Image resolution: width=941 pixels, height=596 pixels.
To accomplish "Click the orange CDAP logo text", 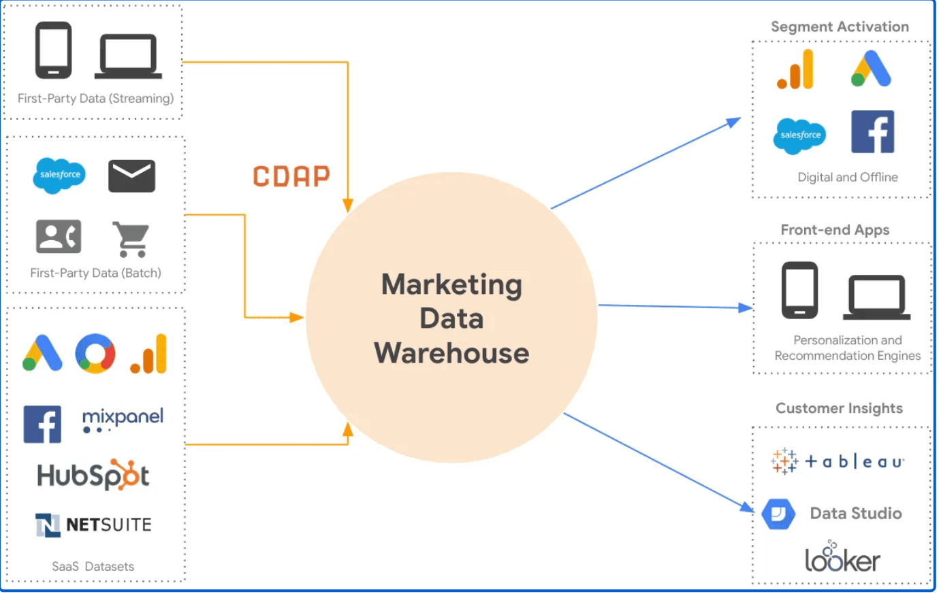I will [x=291, y=176].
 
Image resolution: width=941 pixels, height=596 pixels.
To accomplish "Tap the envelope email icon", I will [x=131, y=176].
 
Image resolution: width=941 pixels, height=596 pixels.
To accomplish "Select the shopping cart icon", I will [x=131, y=239].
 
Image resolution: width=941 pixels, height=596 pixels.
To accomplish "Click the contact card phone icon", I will [x=59, y=237].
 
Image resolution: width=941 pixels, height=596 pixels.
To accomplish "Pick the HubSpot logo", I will [x=93, y=476].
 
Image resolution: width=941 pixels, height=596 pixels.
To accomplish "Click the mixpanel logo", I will [x=123, y=419].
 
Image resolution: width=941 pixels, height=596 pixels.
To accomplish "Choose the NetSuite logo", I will [x=93, y=525].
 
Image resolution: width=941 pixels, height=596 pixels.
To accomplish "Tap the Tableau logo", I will [x=838, y=461].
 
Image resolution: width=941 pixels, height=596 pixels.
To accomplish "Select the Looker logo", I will [x=842, y=558].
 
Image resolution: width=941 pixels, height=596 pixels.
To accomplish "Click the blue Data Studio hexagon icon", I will [x=778, y=514].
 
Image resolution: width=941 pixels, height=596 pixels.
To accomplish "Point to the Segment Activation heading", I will [x=840, y=27].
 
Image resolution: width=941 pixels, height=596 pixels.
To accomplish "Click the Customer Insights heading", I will [x=839, y=408].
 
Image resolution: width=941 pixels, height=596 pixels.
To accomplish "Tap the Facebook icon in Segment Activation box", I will [x=872, y=132].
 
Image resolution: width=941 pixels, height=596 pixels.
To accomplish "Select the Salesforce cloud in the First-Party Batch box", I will [x=59, y=176].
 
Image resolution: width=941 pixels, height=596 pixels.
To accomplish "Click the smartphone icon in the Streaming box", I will [x=53, y=50].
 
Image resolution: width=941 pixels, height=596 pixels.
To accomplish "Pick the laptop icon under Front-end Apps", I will [x=876, y=297].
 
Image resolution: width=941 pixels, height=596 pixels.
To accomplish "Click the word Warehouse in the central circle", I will [x=451, y=353].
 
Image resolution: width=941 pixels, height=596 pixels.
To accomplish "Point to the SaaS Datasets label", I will [x=93, y=566].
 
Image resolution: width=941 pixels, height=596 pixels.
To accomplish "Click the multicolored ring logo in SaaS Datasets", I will [x=95, y=353].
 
